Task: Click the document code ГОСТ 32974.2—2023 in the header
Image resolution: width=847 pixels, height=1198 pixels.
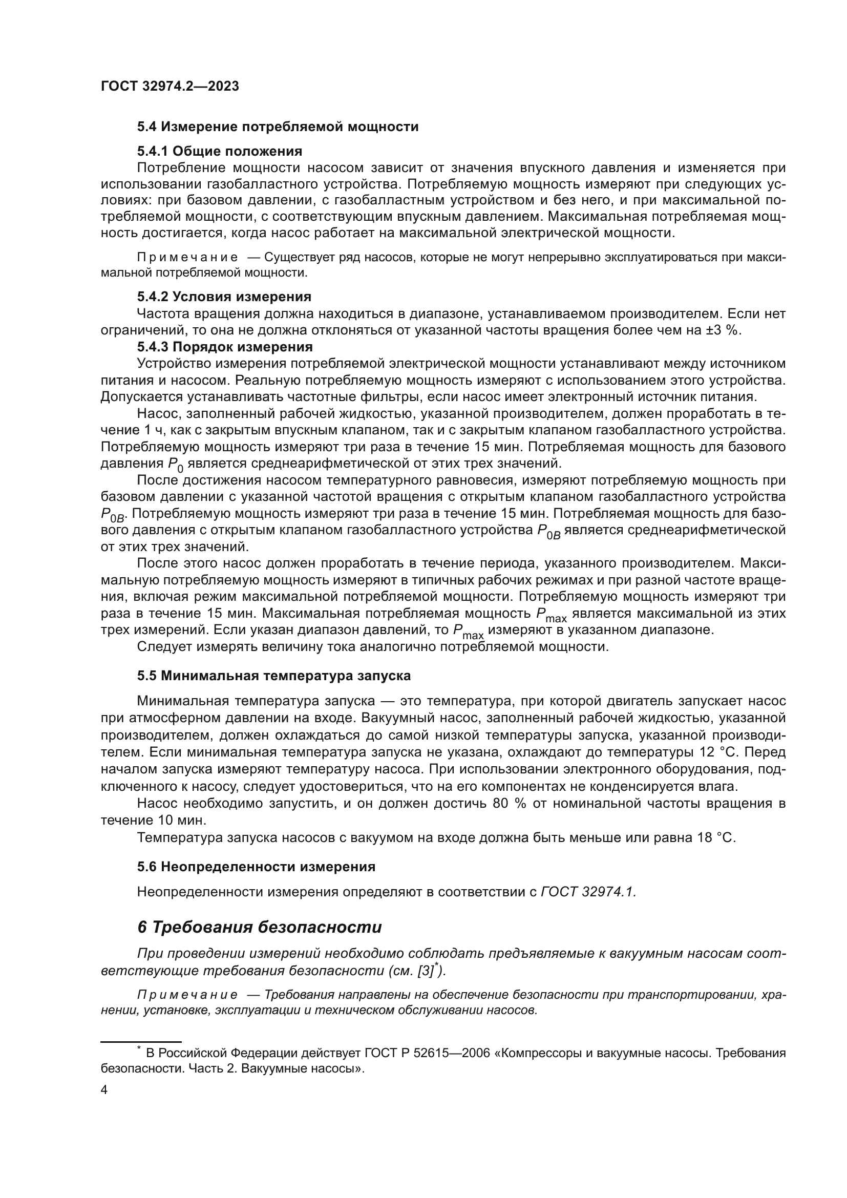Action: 170,87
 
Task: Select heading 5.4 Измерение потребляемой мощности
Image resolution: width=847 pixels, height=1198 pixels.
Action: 278,127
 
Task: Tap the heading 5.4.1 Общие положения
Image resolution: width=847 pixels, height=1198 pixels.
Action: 220,151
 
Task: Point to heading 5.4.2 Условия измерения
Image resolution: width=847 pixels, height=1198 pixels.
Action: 224,297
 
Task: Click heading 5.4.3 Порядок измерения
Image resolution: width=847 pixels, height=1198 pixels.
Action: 225,346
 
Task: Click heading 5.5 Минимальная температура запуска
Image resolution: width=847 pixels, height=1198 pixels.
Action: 274,676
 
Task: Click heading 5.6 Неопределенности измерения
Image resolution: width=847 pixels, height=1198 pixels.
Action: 256,867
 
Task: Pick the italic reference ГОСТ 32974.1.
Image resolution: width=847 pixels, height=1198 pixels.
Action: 588,892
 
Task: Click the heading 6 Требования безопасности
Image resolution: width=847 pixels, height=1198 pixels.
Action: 259,927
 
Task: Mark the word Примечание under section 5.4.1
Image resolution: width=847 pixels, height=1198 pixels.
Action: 187,258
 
